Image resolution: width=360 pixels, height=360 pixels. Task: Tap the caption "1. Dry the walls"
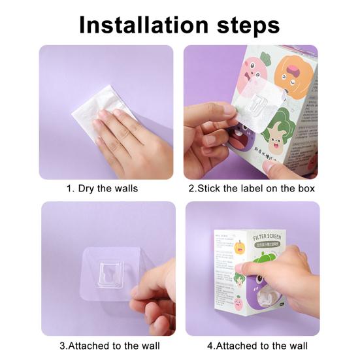point(103,188)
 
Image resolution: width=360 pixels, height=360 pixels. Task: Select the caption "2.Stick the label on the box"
point(252,188)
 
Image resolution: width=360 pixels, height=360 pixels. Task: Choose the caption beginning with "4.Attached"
point(257,345)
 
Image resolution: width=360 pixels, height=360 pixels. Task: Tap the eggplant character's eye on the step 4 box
point(243,280)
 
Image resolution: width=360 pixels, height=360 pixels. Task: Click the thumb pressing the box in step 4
point(245,268)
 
